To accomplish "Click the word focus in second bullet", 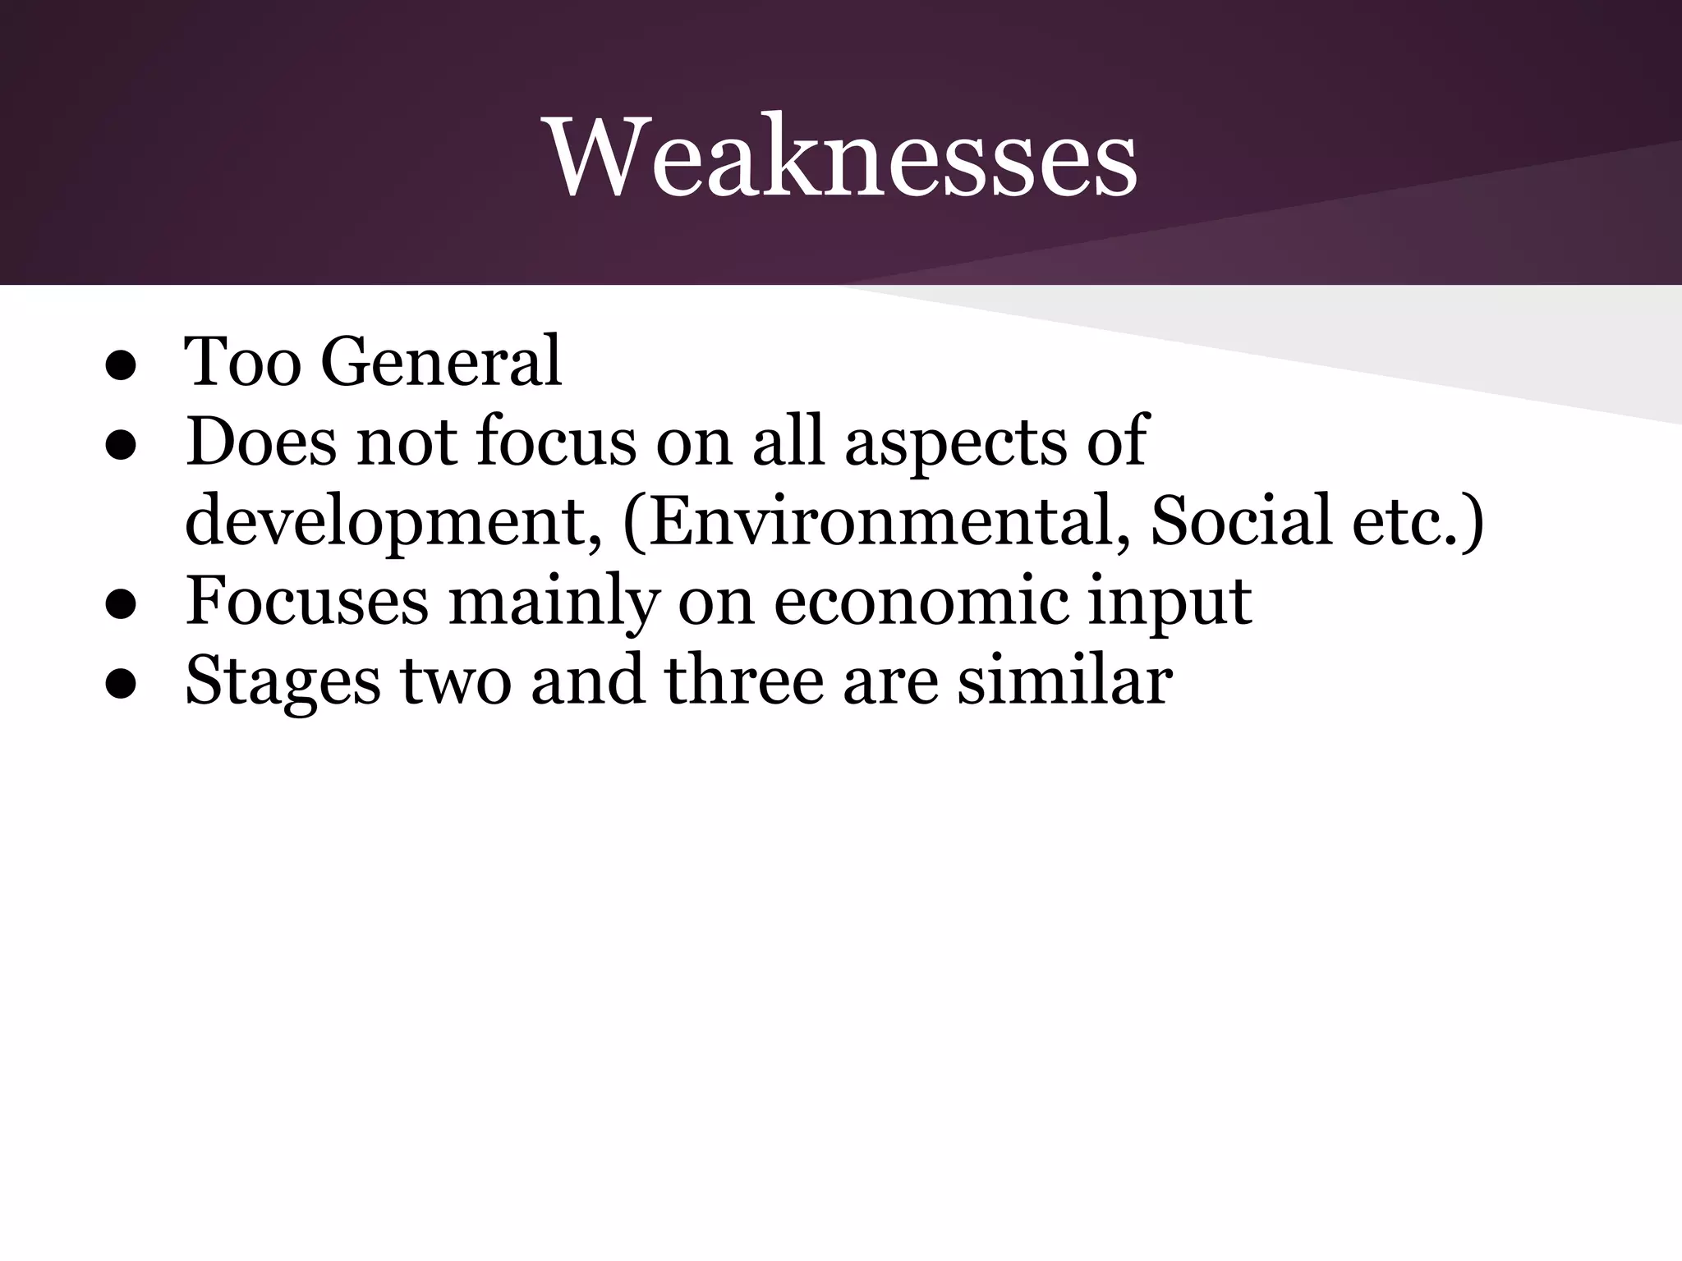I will [x=556, y=441].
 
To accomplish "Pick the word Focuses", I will [x=307, y=600].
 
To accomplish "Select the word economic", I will [x=921, y=600].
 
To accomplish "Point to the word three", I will [x=743, y=680].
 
